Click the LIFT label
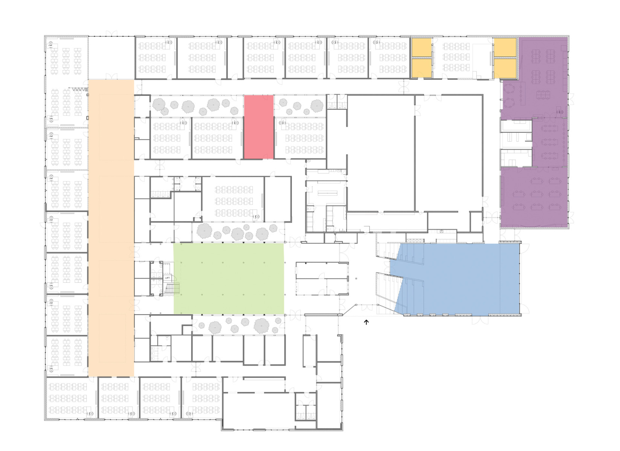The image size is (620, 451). [167, 278]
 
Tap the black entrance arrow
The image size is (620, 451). [366, 322]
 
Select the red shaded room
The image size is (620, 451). [259, 127]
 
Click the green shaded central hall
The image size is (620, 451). [229, 279]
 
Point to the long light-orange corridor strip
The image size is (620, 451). [111, 227]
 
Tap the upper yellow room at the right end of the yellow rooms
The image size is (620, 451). [505, 47]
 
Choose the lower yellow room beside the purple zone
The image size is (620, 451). [505, 68]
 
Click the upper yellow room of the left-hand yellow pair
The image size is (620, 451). [421, 47]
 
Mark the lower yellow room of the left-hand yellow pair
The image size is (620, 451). [421, 68]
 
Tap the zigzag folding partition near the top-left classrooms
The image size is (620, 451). [79, 89]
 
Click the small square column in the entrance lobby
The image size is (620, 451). [356, 279]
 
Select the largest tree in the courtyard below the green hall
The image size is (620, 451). [261, 325]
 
